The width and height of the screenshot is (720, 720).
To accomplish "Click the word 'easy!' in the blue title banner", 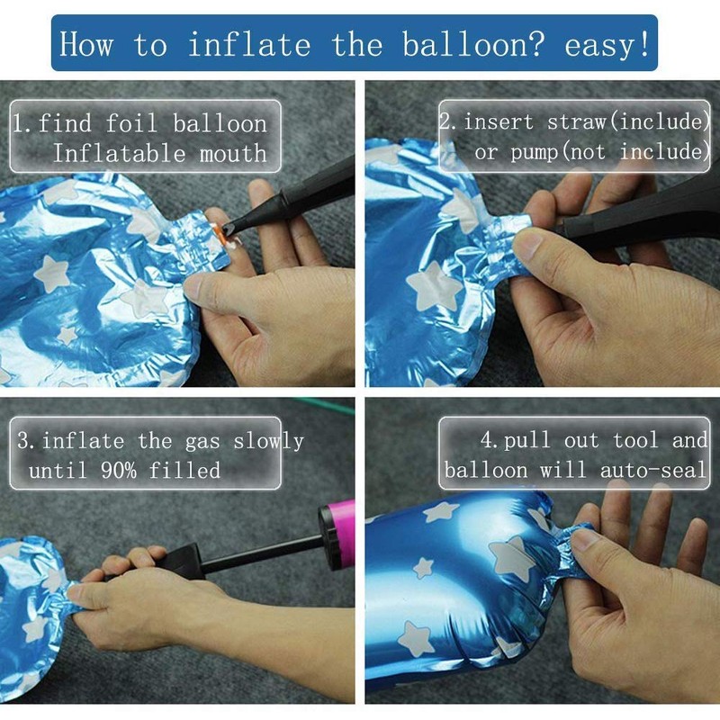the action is pyautogui.click(x=607, y=44).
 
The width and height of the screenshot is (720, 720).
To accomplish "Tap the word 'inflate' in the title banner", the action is pyautogui.click(x=249, y=43).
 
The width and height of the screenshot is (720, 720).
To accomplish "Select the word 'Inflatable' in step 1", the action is pyautogui.click(x=120, y=152).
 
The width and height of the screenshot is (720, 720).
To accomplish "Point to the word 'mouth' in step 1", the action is pyautogui.click(x=233, y=153).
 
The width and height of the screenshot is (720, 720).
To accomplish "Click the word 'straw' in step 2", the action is pyautogui.click(x=576, y=121).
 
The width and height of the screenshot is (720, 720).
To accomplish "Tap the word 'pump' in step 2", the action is pyautogui.click(x=534, y=152).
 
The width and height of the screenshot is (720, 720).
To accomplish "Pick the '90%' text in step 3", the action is pyautogui.click(x=119, y=470).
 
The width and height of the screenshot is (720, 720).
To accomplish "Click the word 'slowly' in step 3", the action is pyautogui.click(x=268, y=441).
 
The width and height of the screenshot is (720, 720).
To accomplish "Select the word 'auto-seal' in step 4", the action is pyautogui.click(x=652, y=470).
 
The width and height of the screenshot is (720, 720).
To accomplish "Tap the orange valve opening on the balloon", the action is pyautogui.click(x=221, y=232).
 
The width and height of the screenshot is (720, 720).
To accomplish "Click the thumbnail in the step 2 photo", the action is pyautogui.click(x=529, y=244).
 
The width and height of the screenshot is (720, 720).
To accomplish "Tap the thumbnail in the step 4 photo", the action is pyautogui.click(x=583, y=538).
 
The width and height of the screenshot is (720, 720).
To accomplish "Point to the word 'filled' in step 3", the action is pyautogui.click(x=184, y=470).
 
